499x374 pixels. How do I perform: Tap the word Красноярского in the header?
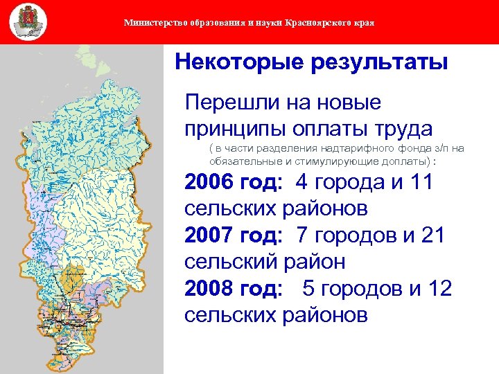[x=323, y=23]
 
